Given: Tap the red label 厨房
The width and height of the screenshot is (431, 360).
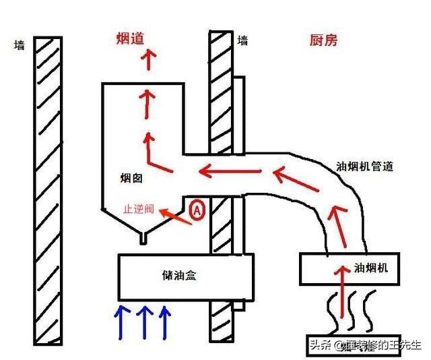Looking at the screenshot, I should (x=319, y=40).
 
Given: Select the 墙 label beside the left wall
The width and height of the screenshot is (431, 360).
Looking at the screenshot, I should (x=20, y=45).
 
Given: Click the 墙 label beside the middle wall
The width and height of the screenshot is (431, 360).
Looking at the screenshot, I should (x=243, y=41).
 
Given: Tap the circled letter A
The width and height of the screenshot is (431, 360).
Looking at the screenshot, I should (x=197, y=210).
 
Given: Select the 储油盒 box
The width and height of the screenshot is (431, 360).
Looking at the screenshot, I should (x=187, y=276).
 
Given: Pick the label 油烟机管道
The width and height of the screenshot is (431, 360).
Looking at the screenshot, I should (x=364, y=165).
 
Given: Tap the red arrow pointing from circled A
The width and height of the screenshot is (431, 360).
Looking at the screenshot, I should (x=173, y=218).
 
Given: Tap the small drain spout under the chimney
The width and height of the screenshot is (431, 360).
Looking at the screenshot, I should (x=143, y=237).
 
